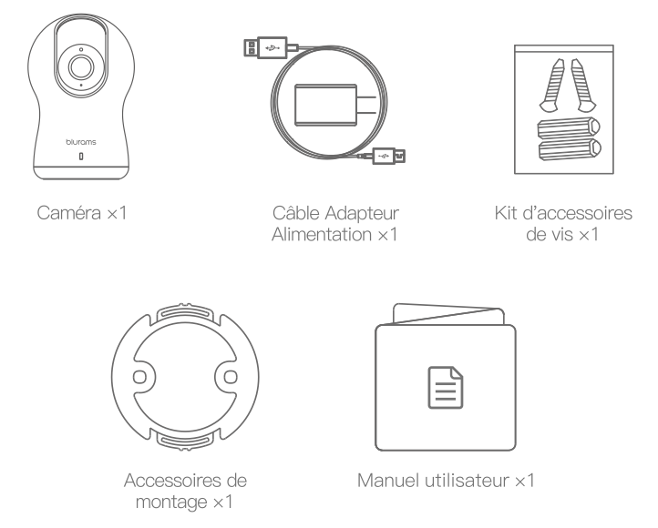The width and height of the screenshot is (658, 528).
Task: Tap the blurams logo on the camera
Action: [x=80, y=142]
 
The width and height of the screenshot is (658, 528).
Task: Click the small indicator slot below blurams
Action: [x=80, y=158]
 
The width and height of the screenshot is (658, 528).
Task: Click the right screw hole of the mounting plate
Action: [x=231, y=377]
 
